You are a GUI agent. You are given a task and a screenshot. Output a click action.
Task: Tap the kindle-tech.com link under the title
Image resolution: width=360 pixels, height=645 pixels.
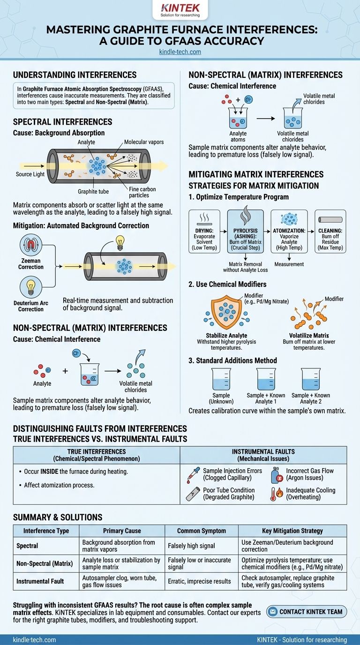click(x=180, y=52)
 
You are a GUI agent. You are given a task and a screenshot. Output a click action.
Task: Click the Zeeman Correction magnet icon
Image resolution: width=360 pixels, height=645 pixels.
click(x=31, y=245)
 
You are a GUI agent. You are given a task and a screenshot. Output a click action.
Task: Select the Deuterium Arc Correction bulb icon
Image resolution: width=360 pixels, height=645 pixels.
click(x=31, y=286)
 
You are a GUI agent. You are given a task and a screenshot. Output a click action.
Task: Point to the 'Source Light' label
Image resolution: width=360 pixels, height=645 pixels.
click(x=30, y=174)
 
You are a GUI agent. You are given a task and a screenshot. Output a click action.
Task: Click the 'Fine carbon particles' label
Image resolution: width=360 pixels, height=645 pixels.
click(x=142, y=192)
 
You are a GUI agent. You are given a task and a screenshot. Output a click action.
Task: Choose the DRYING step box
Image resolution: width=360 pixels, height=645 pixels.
click(x=204, y=232)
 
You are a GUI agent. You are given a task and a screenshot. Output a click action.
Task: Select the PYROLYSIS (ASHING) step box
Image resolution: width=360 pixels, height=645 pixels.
click(x=245, y=232)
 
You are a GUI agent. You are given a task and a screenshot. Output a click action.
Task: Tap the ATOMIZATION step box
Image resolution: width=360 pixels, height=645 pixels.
click(x=289, y=232)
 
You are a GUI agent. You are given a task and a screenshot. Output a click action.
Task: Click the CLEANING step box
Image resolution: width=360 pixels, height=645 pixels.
click(x=330, y=232)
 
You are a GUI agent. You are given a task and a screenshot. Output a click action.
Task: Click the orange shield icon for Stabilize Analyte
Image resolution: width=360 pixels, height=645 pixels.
click(x=226, y=312)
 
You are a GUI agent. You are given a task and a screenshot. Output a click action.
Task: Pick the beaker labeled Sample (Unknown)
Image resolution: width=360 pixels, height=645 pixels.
click(x=221, y=379)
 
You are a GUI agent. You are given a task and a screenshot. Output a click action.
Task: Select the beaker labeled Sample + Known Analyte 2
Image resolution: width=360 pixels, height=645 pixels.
click(x=311, y=379)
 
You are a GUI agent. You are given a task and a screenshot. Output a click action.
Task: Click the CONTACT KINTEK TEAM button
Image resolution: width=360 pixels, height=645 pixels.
click(x=307, y=612)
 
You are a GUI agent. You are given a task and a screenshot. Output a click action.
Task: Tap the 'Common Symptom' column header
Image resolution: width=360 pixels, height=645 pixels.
click(x=202, y=531)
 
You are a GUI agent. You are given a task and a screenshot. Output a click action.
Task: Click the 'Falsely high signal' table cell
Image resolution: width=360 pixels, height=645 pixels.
click(x=192, y=546)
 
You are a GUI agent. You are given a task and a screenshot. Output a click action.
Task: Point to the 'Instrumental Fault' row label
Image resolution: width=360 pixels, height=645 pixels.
click(x=40, y=581)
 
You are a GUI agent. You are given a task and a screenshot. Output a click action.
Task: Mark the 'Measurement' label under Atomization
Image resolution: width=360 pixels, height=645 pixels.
click(x=289, y=264)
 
